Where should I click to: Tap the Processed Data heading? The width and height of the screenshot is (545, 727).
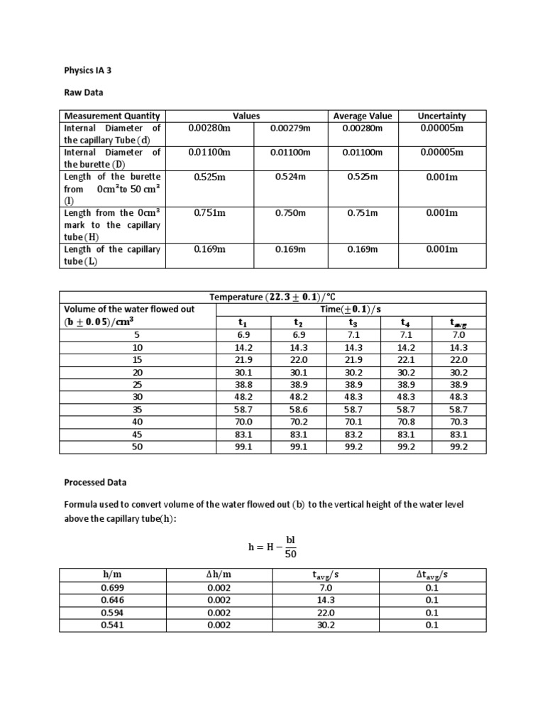(95, 482)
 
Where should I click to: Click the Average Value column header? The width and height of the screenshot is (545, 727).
(362, 116)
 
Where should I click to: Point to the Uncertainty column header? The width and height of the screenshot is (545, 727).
(441, 116)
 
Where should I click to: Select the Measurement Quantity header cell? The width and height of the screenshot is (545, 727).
(112, 116)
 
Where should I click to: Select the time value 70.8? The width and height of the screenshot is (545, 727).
(407, 421)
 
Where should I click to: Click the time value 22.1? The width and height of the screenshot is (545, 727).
(407, 359)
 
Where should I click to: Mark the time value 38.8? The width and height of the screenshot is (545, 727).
(245, 384)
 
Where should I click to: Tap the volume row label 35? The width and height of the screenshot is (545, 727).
(138, 409)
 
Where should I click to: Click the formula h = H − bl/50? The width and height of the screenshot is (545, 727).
(272, 547)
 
